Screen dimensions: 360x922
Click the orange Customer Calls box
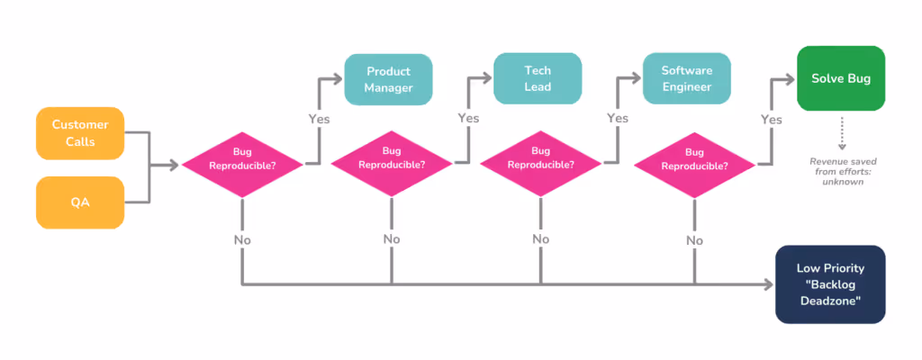80,133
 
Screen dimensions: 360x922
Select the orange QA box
80,202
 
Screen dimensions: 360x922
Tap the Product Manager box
388,79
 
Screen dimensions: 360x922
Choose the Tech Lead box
538,79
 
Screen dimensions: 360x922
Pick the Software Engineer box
687,79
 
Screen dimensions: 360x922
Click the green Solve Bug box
840,78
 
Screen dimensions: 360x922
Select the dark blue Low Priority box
830,284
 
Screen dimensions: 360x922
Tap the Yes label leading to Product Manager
320,118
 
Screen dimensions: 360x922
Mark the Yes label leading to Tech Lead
468,118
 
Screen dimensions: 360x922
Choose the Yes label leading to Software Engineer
618,118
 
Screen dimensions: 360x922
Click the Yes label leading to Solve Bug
772,118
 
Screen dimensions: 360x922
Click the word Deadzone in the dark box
830,301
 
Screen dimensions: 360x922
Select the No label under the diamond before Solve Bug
694,240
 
